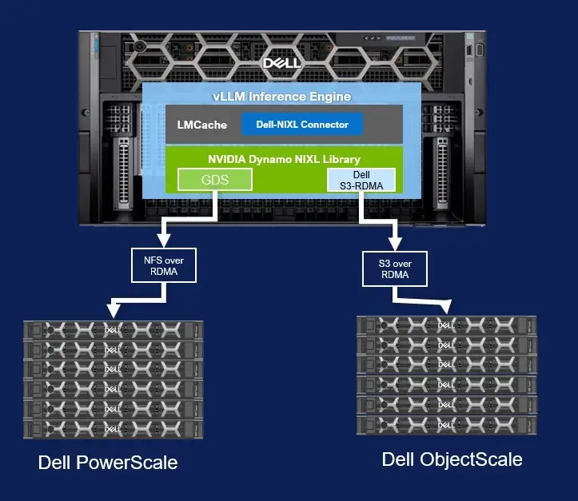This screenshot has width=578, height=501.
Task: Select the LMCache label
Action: click(201, 125)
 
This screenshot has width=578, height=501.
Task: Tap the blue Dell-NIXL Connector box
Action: click(301, 125)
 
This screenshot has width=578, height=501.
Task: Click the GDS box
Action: click(214, 180)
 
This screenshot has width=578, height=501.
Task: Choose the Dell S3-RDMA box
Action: click(361, 180)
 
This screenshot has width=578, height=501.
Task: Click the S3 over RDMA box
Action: click(395, 269)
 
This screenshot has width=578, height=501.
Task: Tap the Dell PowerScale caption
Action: click(108, 463)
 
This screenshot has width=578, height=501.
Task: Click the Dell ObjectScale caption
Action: click(452, 459)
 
